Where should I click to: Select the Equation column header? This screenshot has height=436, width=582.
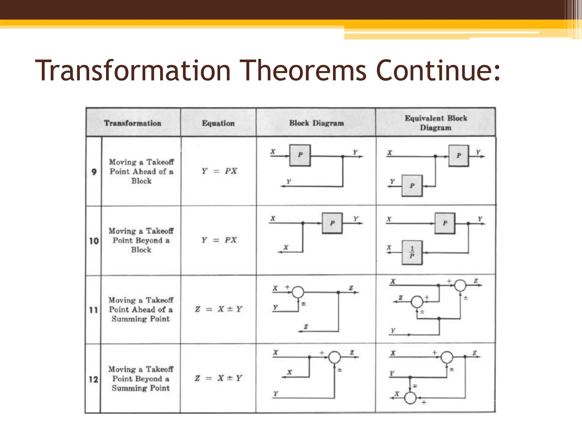tap(218, 123)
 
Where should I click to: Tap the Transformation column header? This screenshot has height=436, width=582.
tap(133, 123)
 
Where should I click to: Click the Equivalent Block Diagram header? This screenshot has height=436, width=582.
tap(436, 123)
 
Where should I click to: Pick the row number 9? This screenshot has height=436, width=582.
tap(94, 172)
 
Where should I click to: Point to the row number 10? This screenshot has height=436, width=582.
tap(94, 241)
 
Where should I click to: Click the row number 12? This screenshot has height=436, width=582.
tap(93, 379)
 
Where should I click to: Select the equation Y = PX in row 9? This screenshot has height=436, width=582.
tap(219, 171)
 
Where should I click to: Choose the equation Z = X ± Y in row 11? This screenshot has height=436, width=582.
tap(219, 309)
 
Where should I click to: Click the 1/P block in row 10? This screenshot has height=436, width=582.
tap(412, 253)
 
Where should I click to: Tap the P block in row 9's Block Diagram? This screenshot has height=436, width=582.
tap(300, 155)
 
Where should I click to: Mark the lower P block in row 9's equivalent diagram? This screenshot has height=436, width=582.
tap(412, 186)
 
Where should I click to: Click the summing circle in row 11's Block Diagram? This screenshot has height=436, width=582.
tap(298, 292)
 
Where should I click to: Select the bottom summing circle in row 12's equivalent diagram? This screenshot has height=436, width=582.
tap(410, 398)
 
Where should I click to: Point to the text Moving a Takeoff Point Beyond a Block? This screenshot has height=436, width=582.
tap(141, 240)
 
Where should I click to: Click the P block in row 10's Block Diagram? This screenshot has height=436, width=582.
tap(332, 223)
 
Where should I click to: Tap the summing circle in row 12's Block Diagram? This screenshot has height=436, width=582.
tap(334, 357)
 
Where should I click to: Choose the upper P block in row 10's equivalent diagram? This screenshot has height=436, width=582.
tap(445, 223)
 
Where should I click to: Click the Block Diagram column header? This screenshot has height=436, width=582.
tap(316, 123)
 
